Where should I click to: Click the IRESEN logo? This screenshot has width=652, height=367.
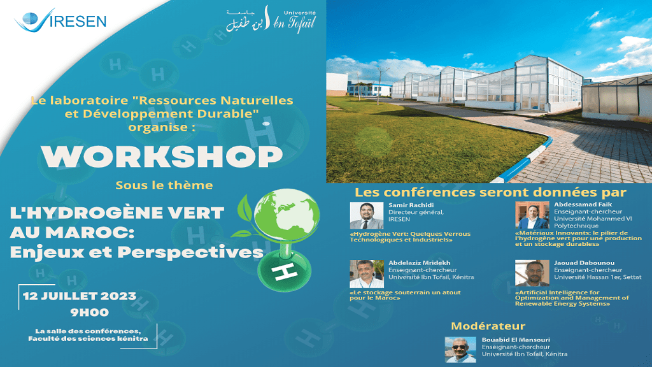[x=60, y=20]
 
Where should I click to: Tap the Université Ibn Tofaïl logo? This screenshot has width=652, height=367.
[x=271, y=19]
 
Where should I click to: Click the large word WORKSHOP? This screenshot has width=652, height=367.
[x=162, y=157]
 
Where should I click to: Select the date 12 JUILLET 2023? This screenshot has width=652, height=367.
[x=80, y=296]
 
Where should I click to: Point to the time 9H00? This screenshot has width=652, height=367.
[x=89, y=312]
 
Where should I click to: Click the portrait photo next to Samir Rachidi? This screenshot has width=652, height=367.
[x=366, y=215]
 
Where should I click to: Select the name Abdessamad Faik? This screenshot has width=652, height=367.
[x=583, y=205]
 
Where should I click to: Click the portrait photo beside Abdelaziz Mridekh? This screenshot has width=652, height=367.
[x=366, y=274]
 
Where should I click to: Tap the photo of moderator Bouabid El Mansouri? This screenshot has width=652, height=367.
[x=460, y=350]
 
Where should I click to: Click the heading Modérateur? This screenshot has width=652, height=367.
[x=488, y=326]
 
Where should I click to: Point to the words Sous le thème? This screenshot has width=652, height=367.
[x=164, y=185]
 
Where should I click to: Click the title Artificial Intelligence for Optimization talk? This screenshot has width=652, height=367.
[x=572, y=298]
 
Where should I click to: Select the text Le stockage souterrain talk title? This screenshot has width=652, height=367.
[x=405, y=295]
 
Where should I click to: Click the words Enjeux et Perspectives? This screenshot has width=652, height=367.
[x=136, y=252]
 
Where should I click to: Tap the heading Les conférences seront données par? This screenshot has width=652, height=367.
[x=490, y=192]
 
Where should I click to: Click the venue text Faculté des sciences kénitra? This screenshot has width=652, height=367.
[x=88, y=339]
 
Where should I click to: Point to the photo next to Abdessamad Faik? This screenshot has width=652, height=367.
[x=532, y=215]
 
